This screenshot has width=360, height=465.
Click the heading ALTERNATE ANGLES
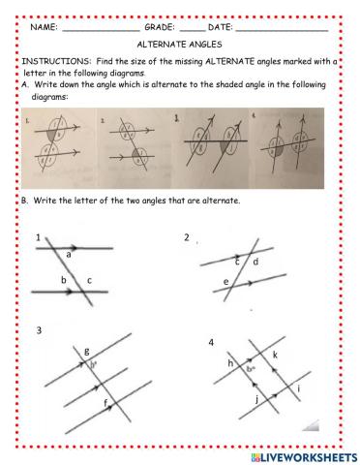click(180, 45)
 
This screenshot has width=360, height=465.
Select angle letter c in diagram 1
click(89, 282)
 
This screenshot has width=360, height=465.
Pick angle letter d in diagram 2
click(255, 262)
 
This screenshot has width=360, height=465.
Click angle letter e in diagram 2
click(225, 283)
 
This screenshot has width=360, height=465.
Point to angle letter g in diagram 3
click(87, 351)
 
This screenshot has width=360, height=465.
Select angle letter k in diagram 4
click(275, 356)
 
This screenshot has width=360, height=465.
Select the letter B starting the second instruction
click(23, 201)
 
